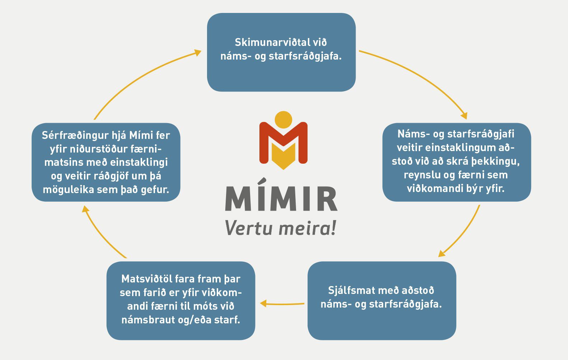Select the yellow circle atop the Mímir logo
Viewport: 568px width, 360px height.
pos(283,120)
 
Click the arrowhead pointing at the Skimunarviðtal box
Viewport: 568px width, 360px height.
pos(197,53)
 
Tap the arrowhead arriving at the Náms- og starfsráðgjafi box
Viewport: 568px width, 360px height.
pos(464,116)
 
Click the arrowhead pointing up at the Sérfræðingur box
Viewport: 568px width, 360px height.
pos(85,209)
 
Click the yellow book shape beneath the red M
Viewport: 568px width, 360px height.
pos(283,156)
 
